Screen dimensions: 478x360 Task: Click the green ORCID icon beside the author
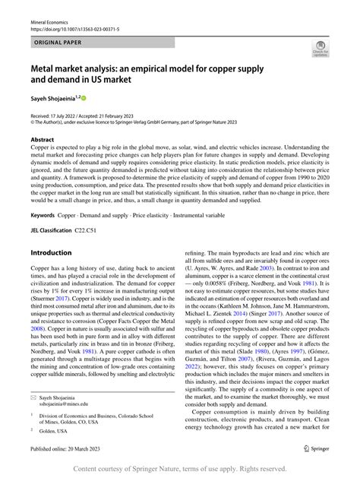tap(84, 98)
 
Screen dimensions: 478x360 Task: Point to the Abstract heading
tap(42, 141)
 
